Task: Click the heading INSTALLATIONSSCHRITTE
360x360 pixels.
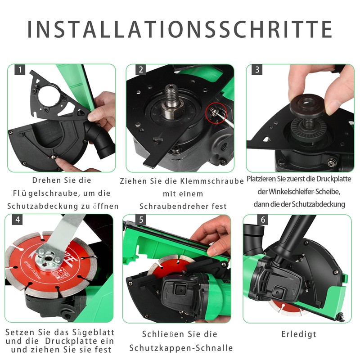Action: [x=180, y=29]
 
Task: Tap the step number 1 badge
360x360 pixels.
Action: [x=20, y=70]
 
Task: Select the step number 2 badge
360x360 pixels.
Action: [x=141, y=70]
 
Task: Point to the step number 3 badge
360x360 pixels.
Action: [x=257, y=70]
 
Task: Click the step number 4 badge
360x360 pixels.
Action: [x=17, y=220]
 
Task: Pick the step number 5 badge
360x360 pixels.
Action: [x=141, y=220]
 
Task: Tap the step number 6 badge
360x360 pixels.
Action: [x=263, y=220]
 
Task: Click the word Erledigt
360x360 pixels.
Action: [x=299, y=334]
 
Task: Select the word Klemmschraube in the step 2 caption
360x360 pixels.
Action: [x=211, y=181]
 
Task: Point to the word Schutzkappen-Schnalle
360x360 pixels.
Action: [x=181, y=348]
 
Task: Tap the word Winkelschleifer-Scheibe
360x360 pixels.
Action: [x=304, y=192]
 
